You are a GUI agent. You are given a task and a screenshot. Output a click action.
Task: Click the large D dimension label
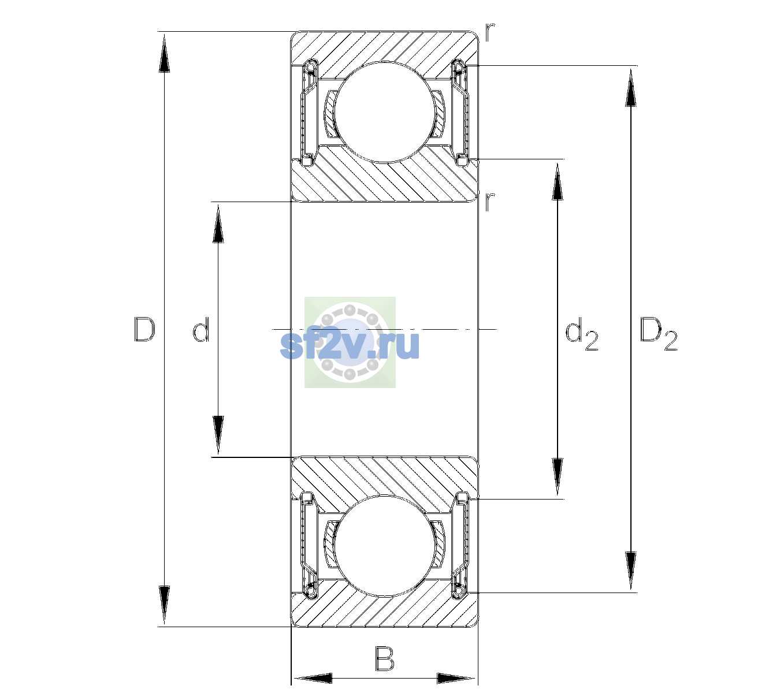pyautogui.click(x=144, y=329)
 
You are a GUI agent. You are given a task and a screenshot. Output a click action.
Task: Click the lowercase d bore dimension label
pyautogui.click(x=201, y=329)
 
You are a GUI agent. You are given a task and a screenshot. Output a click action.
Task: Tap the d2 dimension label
pyautogui.click(x=581, y=334)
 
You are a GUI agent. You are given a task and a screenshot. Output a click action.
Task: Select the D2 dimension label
pyautogui.click(x=658, y=334)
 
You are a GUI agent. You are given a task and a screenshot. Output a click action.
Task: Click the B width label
pyautogui.click(x=384, y=658)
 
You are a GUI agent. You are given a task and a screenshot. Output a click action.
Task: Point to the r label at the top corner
pyautogui.click(x=489, y=32)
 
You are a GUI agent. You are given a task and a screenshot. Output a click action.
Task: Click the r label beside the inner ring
pyautogui.click(x=489, y=202)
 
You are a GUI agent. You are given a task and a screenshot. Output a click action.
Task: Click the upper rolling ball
pyautogui.click(x=384, y=112)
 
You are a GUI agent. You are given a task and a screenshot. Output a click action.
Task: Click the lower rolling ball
pyautogui.click(x=384, y=546)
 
